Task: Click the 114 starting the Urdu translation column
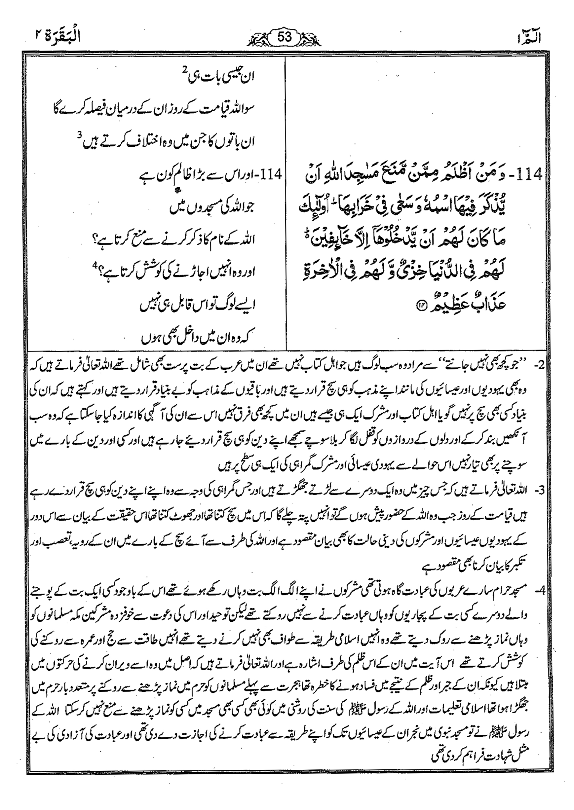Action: point(270,174)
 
